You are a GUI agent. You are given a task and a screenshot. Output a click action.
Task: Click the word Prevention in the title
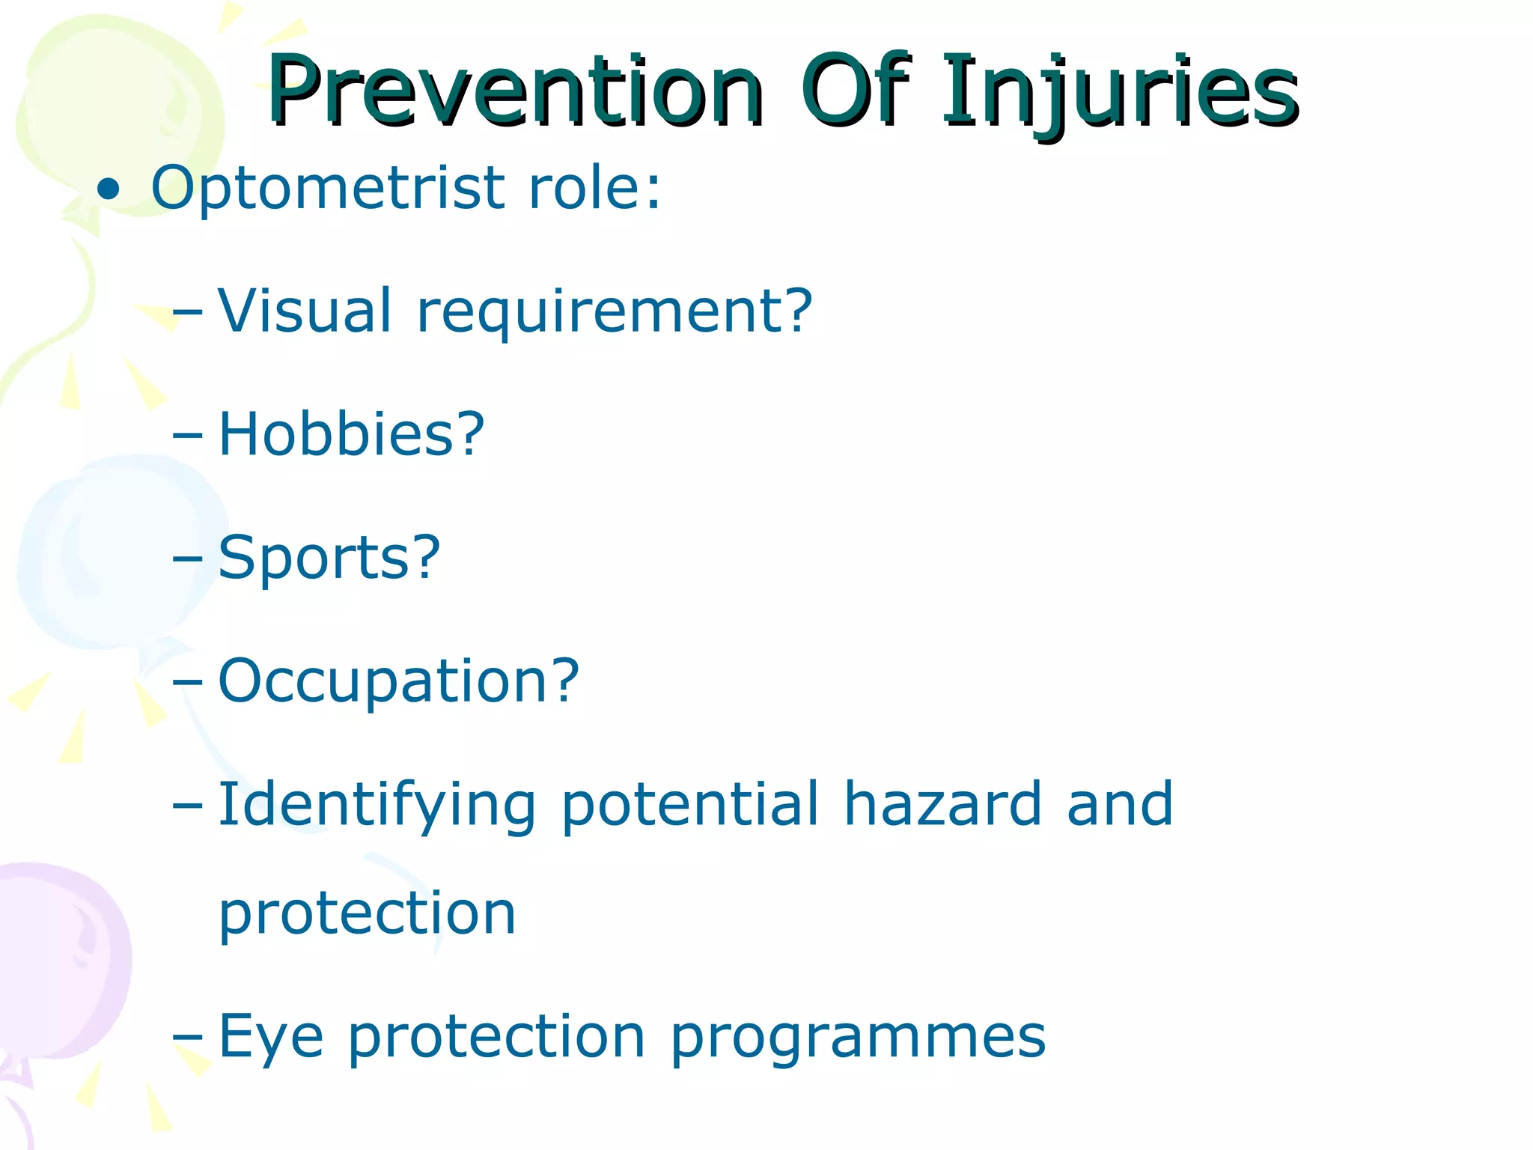pyautogui.click(x=515, y=91)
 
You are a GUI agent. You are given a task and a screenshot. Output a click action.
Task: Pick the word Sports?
pyautogui.click(x=329, y=559)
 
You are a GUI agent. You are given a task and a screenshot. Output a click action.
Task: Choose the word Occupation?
pyautogui.click(x=398, y=681)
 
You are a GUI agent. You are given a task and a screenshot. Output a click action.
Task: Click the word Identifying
pyautogui.click(x=377, y=806)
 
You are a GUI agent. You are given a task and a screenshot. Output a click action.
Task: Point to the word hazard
pyautogui.click(x=942, y=804)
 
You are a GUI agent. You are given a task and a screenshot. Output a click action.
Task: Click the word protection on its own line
pyautogui.click(x=367, y=915)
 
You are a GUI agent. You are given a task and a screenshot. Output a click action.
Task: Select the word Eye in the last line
pyautogui.click(x=271, y=1038)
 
